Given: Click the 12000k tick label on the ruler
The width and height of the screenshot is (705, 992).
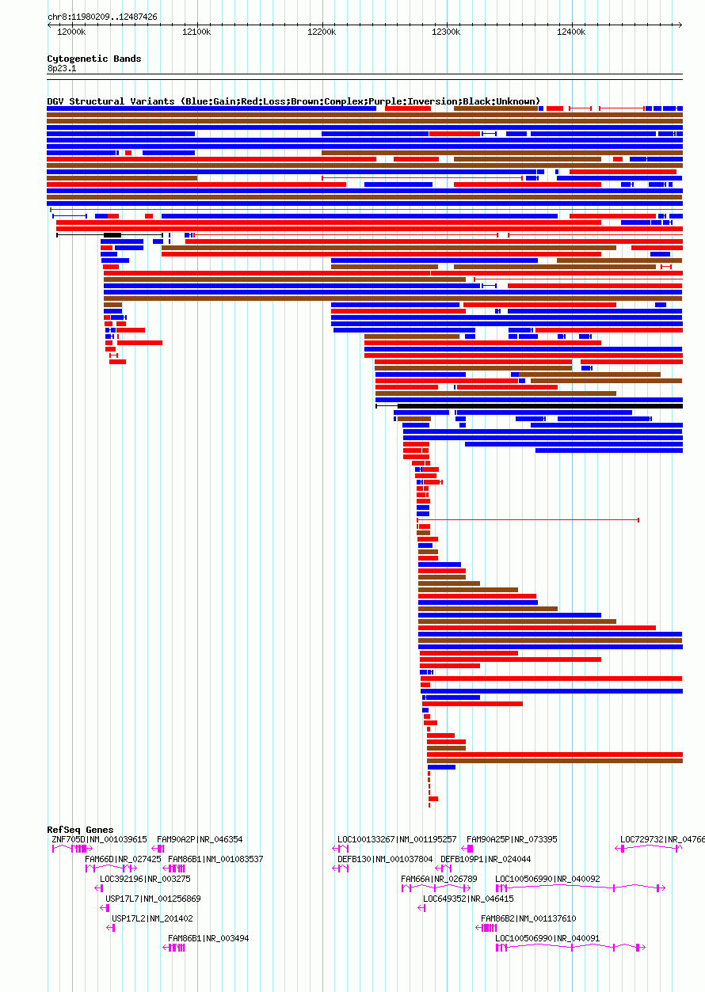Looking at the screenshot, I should click(x=71, y=32).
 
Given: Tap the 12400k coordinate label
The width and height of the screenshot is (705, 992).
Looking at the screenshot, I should click(x=570, y=32).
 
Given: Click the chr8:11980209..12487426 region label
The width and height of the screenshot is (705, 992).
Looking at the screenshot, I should click(x=102, y=17).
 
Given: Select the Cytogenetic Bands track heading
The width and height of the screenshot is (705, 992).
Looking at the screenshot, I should click(x=93, y=59).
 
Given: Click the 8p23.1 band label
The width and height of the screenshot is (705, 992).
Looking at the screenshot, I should click(x=62, y=68).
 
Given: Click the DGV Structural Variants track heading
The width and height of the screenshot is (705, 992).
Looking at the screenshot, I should click(x=293, y=101).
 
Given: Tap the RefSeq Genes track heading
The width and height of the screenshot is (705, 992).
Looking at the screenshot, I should click(x=80, y=830).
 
